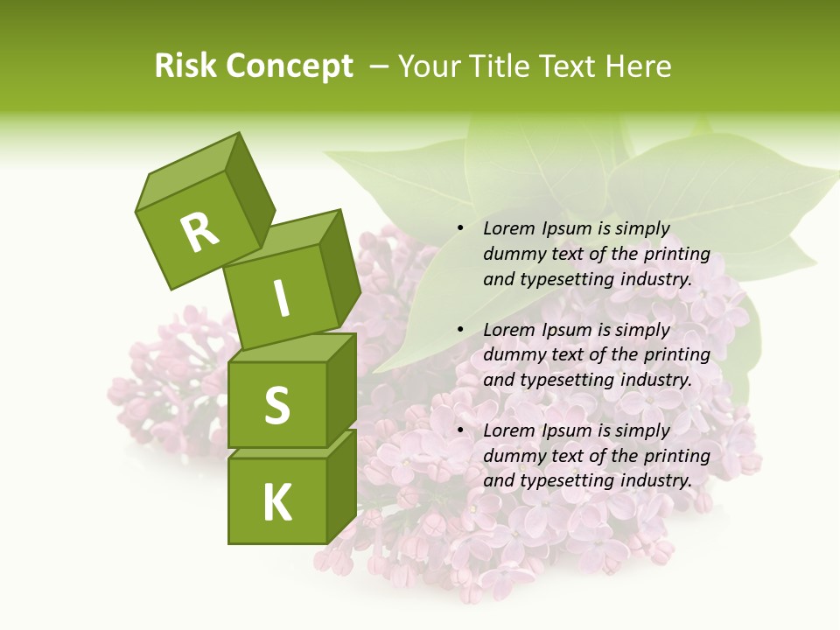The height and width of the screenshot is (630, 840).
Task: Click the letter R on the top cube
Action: [199, 233]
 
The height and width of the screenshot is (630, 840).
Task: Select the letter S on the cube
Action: [276, 405]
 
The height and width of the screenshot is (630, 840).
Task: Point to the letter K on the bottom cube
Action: [276, 503]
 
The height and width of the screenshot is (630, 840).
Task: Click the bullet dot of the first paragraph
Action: [460, 229]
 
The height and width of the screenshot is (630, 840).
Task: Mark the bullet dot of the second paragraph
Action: [460, 331]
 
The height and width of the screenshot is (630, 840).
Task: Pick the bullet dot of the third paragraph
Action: [460, 431]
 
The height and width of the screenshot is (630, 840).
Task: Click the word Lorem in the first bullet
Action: [508, 229]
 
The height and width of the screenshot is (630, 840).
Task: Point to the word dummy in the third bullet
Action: [512, 456]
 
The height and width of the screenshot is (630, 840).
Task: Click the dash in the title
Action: [380, 66]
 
